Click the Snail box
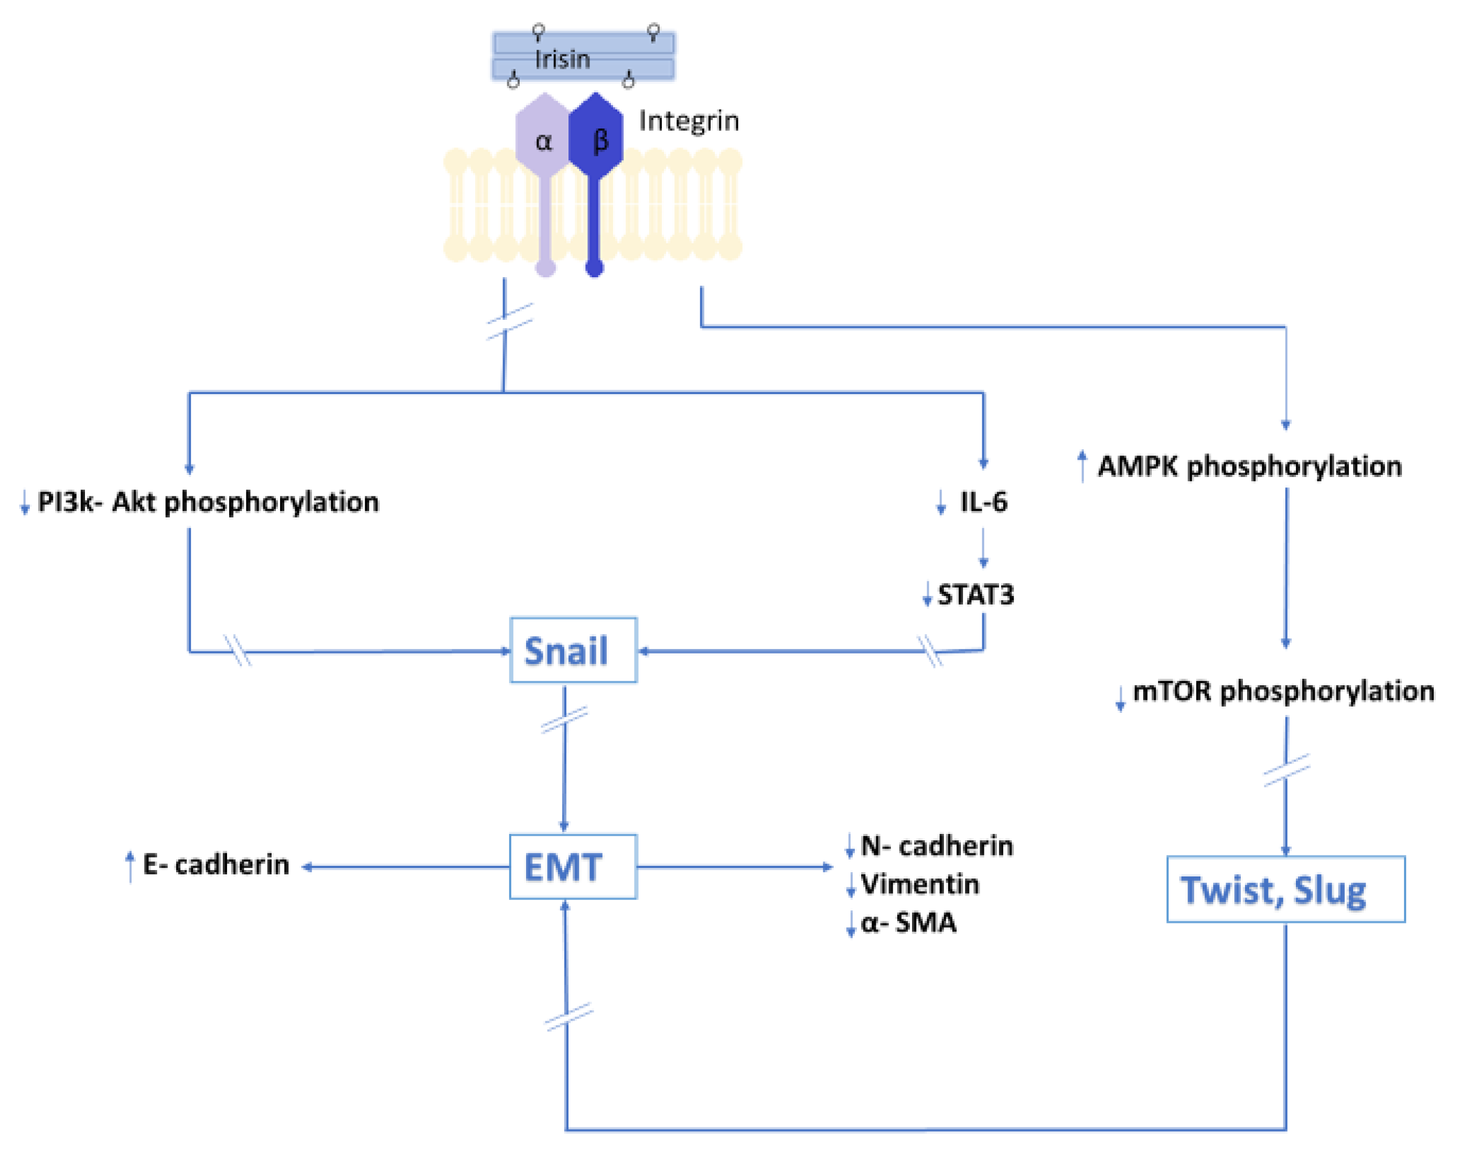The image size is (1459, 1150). (x=573, y=650)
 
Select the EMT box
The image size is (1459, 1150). (x=573, y=866)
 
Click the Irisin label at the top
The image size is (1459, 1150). (x=562, y=59)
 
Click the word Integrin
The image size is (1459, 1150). (x=689, y=121)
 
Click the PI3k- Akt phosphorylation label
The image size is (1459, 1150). (x=208, y=502)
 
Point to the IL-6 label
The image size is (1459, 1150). (x=983, y=502)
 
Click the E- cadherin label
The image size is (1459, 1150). (x=216, y=864)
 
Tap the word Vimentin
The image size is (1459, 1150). (x=920, y=885)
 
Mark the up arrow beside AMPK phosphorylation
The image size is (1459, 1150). (x=1082, y=465)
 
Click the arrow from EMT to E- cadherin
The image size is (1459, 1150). (x=404, y=867)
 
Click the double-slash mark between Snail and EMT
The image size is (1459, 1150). (x=564, y=719)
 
